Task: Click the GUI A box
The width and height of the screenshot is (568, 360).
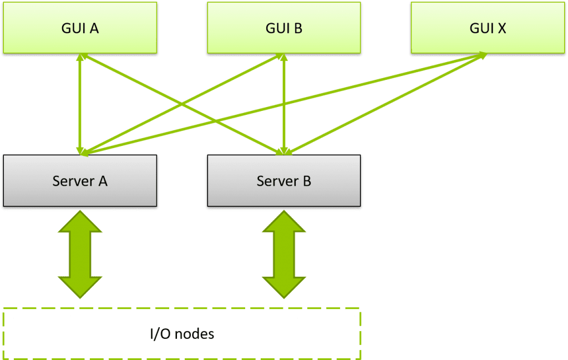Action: pos(80,28)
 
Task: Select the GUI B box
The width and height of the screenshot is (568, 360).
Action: pos(284,28)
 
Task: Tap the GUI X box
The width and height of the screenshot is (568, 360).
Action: pos(488,28)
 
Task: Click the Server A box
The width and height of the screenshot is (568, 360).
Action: pos(80,181)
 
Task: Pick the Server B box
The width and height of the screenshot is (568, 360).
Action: pos(284,181)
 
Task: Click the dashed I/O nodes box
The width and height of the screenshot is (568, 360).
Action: pos(182,333)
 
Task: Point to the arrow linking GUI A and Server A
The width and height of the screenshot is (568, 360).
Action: pos(80,104)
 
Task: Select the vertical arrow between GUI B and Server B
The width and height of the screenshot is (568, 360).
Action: pos(284,104)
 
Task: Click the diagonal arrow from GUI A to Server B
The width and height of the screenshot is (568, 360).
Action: pos(182,104)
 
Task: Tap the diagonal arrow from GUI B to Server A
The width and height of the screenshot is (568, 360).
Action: pos(182,104)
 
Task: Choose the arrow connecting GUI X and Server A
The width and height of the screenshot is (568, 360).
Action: pos(283,105)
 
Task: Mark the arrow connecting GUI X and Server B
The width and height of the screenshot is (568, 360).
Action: pos(386,104)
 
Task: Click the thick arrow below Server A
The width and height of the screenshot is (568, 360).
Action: pos(80,254)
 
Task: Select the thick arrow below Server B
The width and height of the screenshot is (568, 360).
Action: pos(284,254)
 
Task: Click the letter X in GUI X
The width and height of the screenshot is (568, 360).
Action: pos(501,28)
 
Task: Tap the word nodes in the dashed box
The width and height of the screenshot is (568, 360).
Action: pos(194,333)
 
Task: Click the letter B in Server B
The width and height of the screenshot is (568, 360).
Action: pos(307,181)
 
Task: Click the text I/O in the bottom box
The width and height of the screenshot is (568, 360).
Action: pos(160,333)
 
